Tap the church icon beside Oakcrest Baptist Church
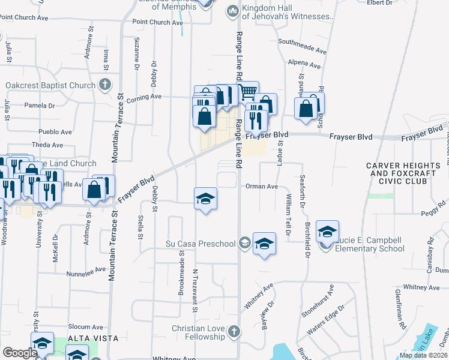105,85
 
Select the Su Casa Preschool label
200,244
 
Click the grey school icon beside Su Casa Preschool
244,243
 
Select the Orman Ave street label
261,187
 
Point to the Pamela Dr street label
40,106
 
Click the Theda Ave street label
47,145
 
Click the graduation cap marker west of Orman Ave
205,199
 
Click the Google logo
20,353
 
